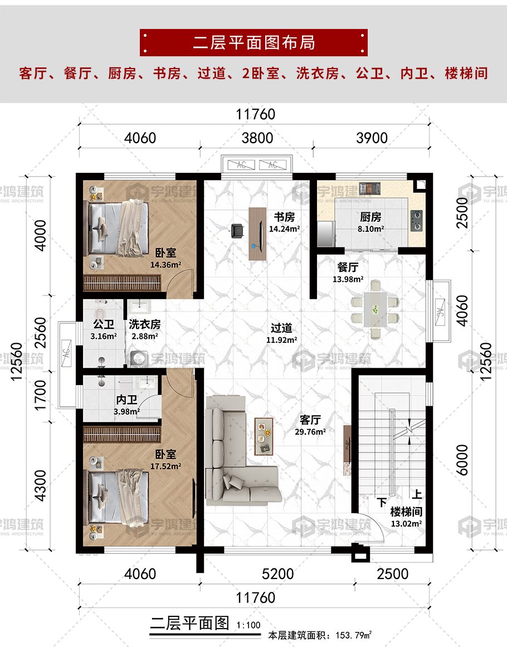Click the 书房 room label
click(284, 217)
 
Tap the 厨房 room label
click(370, 217)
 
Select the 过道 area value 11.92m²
click(282, 340)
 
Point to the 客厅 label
click(310, 420)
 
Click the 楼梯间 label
click(406, 512)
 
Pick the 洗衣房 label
click(144, 324)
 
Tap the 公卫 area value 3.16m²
click(104, 336)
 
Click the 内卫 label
click(126, 400)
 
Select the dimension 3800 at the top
click(257, 138)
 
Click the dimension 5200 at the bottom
click(278, 574)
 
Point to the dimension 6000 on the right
click(462, 460)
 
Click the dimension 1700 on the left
click(41, 395)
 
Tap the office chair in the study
click(237, 231)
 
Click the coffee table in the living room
click(264, 436)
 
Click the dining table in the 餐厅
click(375, 309)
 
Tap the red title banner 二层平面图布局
click(253, 42)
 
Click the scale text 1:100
click(248, 625)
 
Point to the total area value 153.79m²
click(354, 635)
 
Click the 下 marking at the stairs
click(382, 502)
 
